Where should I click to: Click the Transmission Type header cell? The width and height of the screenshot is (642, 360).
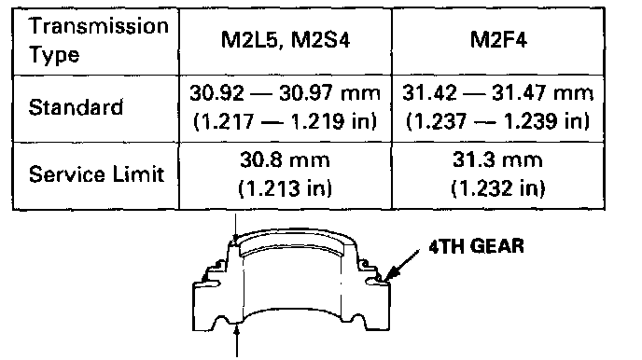click(x=98, y=41)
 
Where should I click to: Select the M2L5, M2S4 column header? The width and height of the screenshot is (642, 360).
click(x=286, y=40)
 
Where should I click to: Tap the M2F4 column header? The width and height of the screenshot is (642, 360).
click(x=498, y=40)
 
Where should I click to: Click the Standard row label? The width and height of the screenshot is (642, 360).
click(x=76, y=107)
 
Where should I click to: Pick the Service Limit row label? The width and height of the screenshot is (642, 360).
click(x=96, y=174)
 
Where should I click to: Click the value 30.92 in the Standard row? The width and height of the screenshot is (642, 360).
click(x=216, y=93)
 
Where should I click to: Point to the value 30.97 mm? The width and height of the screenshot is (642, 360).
click(x=329, y=93)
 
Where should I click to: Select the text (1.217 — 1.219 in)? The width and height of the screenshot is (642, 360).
click(x=285, y=121)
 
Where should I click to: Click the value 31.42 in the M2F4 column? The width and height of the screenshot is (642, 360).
click(x=429, y=93)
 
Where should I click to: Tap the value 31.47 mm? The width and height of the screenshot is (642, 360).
click(x=542, y=93)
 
